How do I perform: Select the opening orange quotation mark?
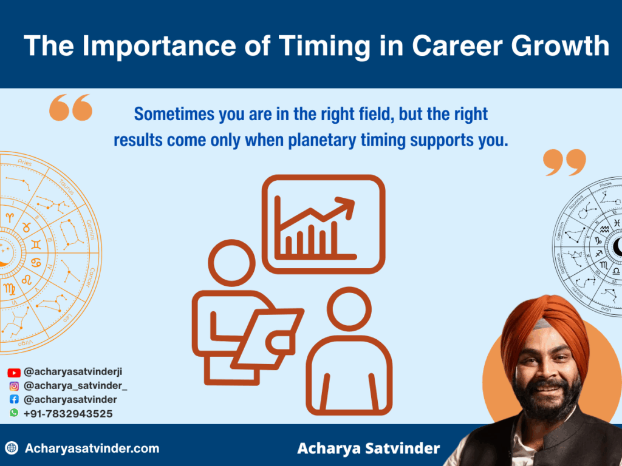coord(70,107)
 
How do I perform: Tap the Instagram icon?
coord(14,386)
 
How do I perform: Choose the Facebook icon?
coord(14,400)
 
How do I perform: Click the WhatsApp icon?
coord(14,413)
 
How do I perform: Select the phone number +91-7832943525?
coord(67,414)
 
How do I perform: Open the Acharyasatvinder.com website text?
coord(92,449)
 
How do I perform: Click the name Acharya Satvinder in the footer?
coord(368,449)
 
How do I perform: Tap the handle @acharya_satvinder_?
coord(75,386)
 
